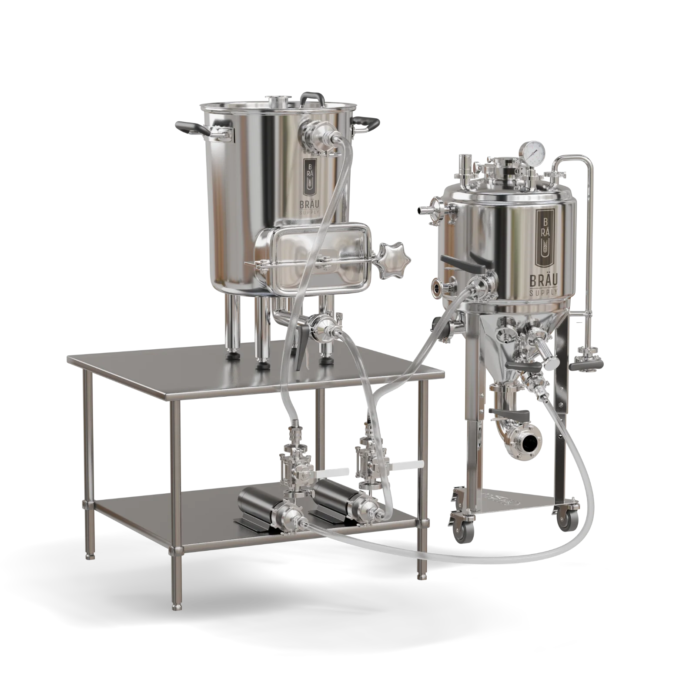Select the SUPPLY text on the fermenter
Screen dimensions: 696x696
click(546, 293)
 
